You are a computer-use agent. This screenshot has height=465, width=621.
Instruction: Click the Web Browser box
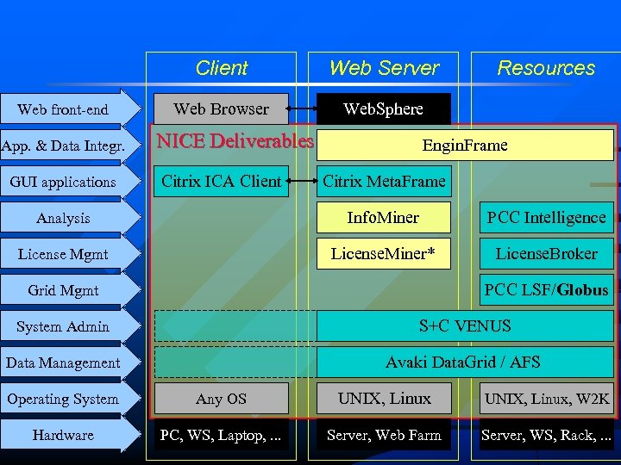point(221,109)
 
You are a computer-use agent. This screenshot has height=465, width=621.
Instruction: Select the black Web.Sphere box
point(384,109)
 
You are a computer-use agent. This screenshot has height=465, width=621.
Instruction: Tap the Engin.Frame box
point(465,146)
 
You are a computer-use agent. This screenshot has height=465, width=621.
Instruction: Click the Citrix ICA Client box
point(221,182)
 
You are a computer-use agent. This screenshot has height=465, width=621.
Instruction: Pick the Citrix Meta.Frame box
point(384,182)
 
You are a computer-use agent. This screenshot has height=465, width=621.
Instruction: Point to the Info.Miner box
point(384,218)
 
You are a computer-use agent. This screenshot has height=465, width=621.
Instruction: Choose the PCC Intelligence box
point(546,218)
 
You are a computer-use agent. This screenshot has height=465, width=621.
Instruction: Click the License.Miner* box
point(384,254)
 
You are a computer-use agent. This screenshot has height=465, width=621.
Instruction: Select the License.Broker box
point(546,254)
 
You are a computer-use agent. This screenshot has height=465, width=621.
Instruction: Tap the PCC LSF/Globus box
point(546,290)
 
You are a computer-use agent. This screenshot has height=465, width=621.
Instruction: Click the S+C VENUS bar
point(465,326)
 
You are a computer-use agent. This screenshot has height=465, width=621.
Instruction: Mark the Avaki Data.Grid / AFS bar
point(465,363)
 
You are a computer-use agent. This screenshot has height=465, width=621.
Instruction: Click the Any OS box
point(221,399)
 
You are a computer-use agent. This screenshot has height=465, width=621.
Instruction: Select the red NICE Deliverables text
point(235,141)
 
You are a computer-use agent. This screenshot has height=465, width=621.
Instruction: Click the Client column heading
point(221,68)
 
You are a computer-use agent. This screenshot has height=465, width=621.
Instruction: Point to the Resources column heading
point(546,68)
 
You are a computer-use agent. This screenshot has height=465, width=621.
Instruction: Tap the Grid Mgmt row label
point(64,290)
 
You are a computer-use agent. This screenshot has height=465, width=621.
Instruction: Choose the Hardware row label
point(64,435)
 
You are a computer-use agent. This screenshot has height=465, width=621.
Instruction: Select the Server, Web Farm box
point(384,435)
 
